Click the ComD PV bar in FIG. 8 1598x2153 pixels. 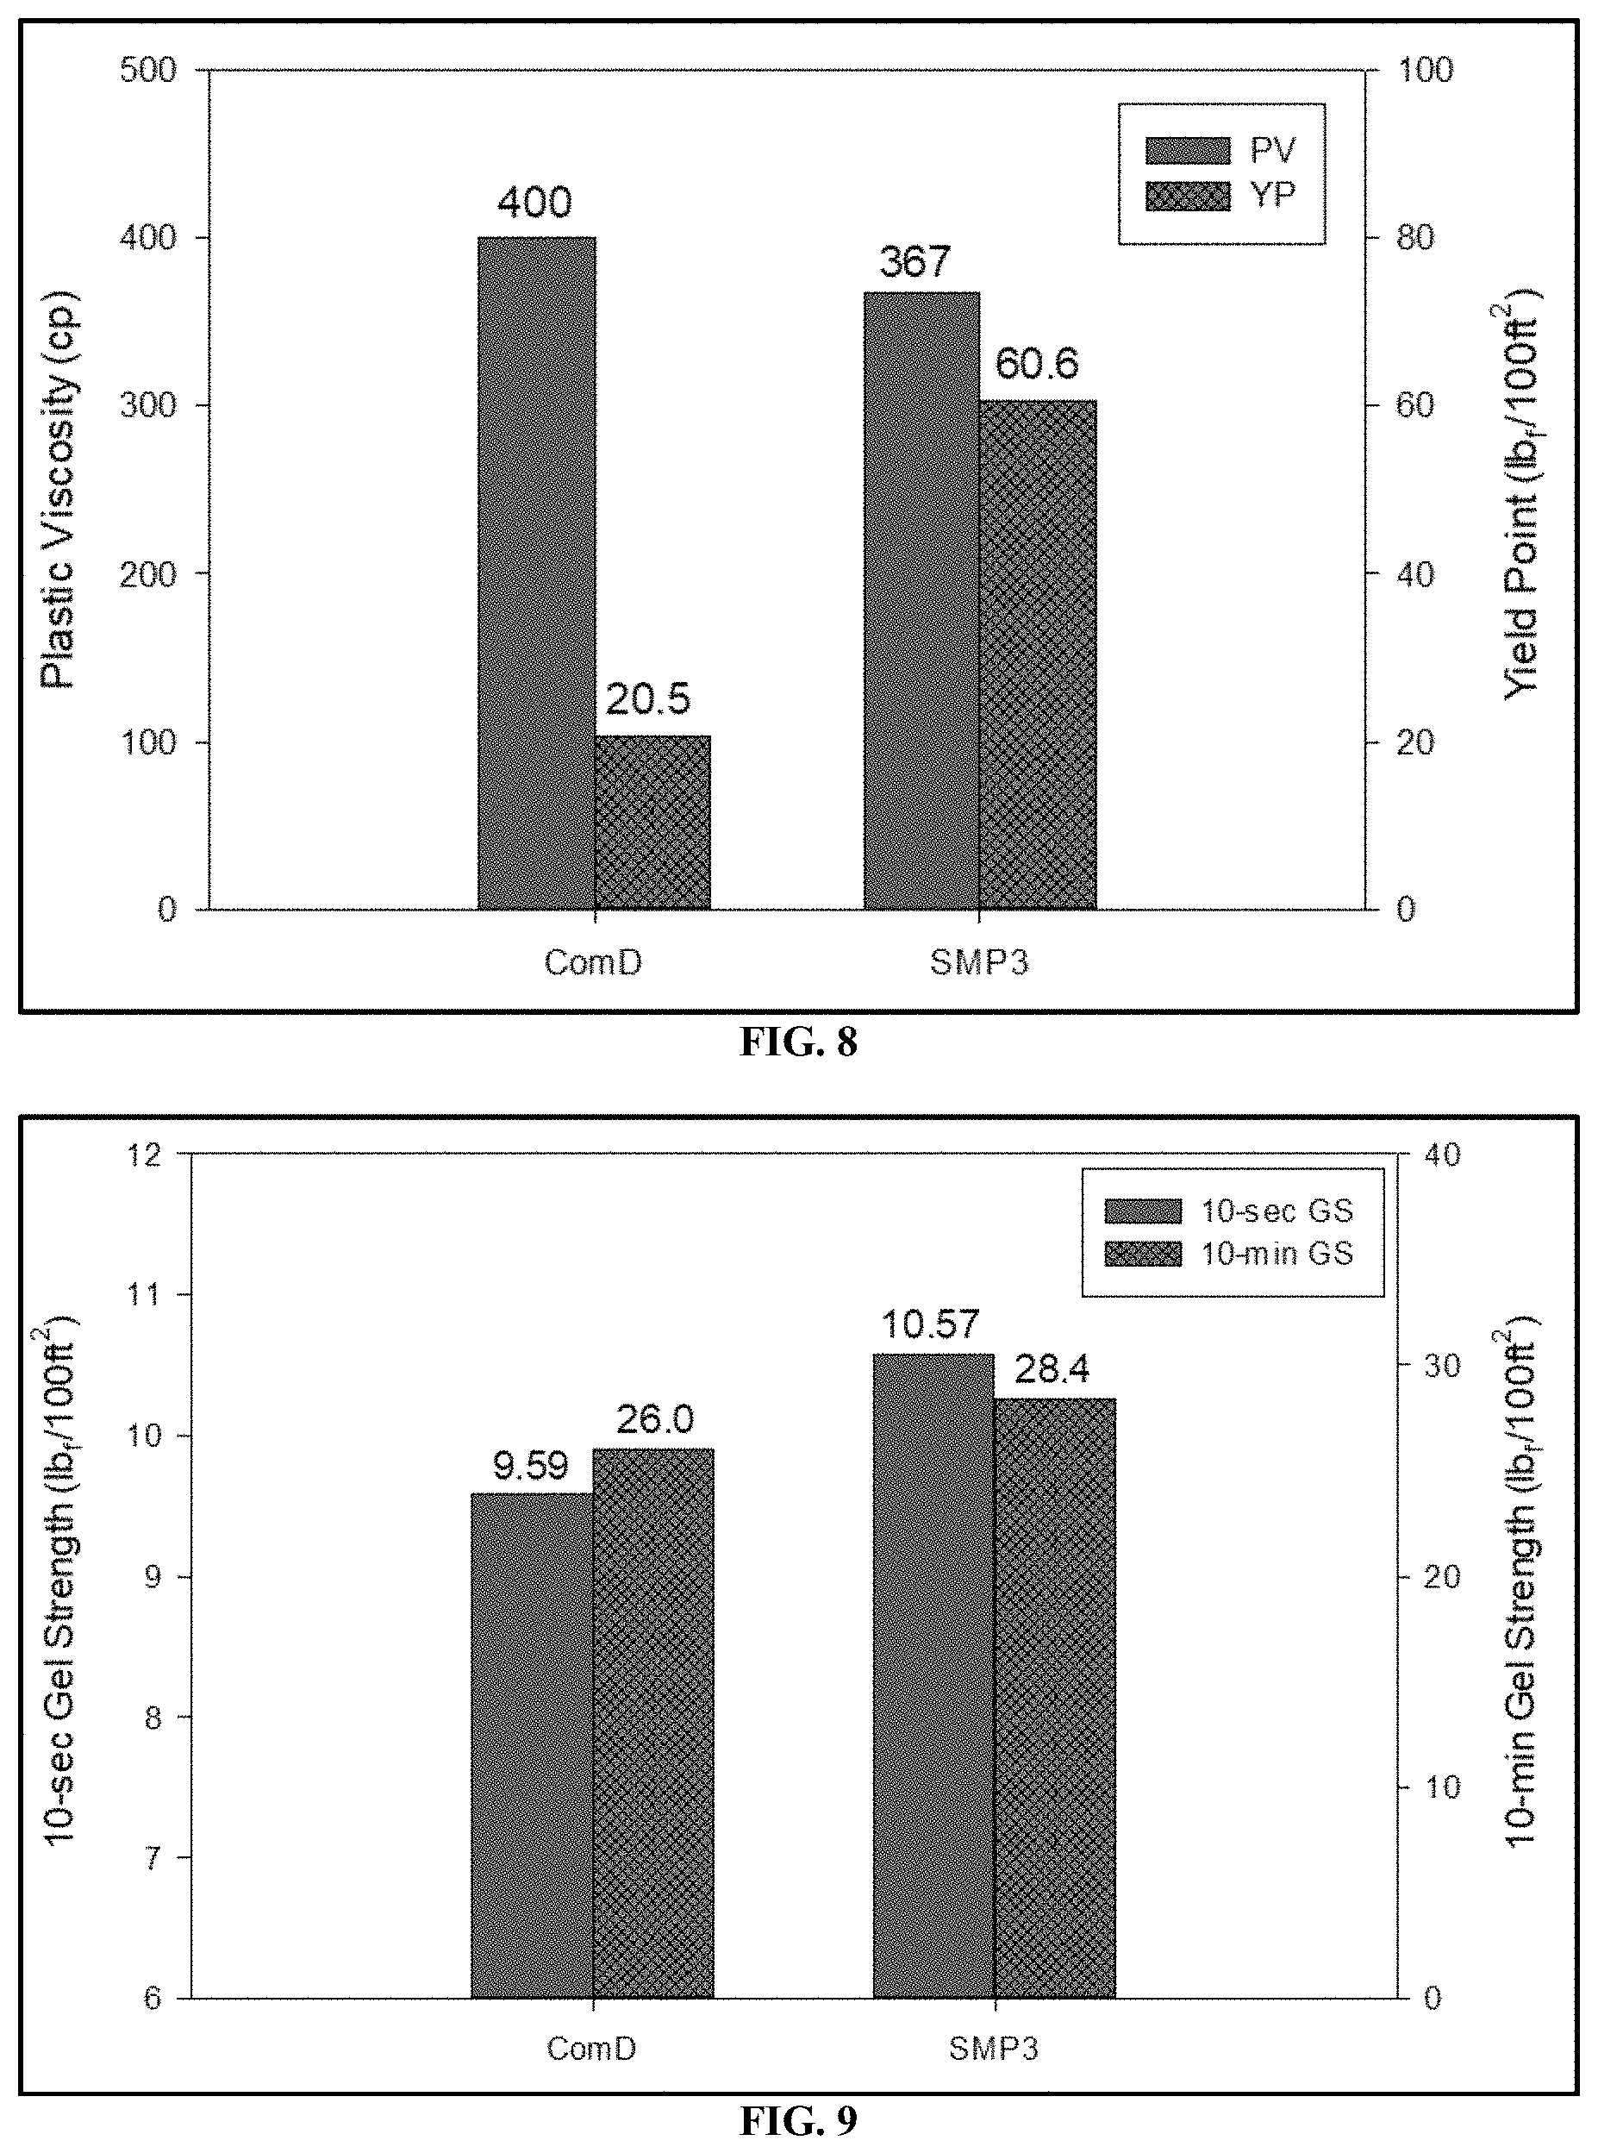coord(537,573)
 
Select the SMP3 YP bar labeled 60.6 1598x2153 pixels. coord(1038,655)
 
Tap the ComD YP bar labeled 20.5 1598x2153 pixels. coord(653,823)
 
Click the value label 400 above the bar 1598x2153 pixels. coord(535,203)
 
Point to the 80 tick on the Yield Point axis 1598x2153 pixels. coord(1415,238)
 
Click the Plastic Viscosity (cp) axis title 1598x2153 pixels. coord(58,490)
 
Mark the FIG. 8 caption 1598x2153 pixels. coord(799,1042)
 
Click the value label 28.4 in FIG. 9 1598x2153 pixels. coord(1052,1369)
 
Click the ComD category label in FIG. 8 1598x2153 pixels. coord(593,963)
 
